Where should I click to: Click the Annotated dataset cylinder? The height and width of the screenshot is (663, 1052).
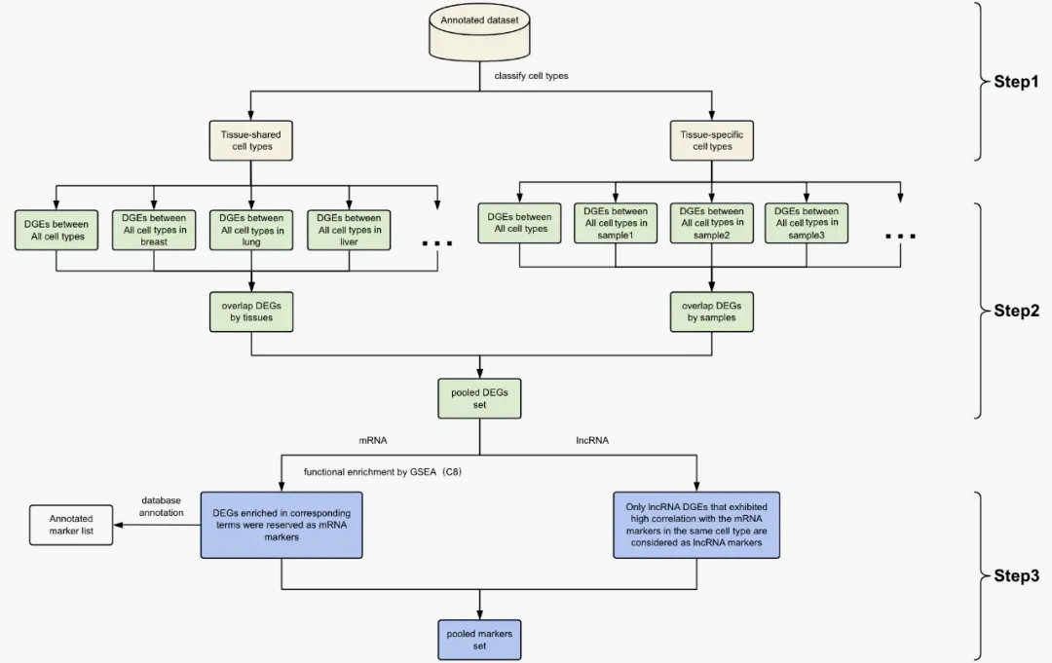coord(479,30)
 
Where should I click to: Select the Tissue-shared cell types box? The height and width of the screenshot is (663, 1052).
coord(251,139)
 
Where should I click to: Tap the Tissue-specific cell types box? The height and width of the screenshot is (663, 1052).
coord(712,139)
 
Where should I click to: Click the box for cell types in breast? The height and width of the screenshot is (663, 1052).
coord(154,230)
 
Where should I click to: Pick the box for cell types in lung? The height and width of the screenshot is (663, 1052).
coord(251,230)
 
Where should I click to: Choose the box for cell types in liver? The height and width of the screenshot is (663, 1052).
coord(349,230)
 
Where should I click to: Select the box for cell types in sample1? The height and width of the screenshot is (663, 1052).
coord(616,223)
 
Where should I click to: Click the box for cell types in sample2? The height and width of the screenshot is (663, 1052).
coord(712,223)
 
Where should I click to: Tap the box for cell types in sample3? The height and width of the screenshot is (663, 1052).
coord(807,223)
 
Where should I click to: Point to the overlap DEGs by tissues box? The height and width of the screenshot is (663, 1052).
coord(251,312)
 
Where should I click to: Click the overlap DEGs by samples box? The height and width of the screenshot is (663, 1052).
coord(712,312)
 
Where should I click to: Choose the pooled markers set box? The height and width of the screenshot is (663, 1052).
coord(479,640)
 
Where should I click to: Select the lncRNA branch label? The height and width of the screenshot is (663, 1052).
coord(592,440)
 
